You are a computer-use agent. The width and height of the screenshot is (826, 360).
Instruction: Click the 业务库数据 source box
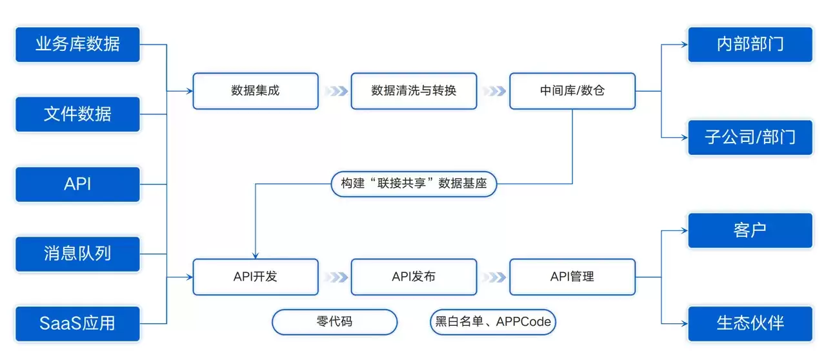(x=77, y=45)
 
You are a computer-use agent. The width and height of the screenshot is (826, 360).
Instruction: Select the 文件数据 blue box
(x=77, y=114)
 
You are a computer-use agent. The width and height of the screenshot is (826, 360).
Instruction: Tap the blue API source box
(x=77, y=184)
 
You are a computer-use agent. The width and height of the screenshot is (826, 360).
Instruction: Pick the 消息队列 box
(x=77, y=254)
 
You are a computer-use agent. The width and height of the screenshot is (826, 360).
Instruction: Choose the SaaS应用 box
(x=77, y=323)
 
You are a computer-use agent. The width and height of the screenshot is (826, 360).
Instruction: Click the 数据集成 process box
(x=256, y=91)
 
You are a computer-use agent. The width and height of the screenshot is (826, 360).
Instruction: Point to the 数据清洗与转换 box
(x=414, y=91)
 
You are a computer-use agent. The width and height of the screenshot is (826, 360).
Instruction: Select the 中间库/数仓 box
(x=572, y=91)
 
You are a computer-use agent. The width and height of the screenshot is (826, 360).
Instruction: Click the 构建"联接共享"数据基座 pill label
(x=414, y=184)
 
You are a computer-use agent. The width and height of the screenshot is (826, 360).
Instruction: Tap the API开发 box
(x=256, y=277)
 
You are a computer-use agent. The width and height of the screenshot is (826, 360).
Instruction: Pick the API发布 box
(x=414, y=277)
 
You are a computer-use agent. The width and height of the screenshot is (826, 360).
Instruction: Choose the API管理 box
(x=572, y=277)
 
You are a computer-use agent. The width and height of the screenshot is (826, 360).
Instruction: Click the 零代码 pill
(x=334, y=322)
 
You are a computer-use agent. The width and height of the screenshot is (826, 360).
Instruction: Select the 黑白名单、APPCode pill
(x=492, y=322)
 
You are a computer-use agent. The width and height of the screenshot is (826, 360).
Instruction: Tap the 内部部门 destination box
(x=750, y=45)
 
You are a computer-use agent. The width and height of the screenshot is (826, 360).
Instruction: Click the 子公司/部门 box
(x=750, y=137)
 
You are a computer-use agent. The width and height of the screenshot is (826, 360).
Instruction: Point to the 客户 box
(x=750, y=230)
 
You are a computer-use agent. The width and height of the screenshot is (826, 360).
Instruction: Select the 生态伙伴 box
(x=750, y=323)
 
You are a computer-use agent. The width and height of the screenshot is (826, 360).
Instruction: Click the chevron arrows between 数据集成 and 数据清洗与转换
(x=336, y=91)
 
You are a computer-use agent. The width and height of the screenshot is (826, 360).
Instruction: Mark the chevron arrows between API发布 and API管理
(x=494, y=277)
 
